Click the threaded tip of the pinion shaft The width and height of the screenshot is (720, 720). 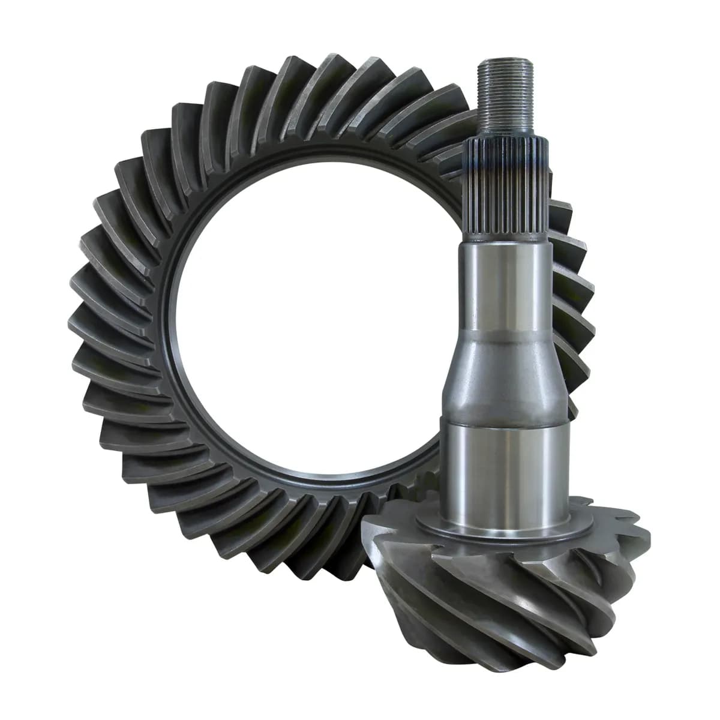pos(507,90)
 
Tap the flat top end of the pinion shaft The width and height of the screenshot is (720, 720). pos(507,59)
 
